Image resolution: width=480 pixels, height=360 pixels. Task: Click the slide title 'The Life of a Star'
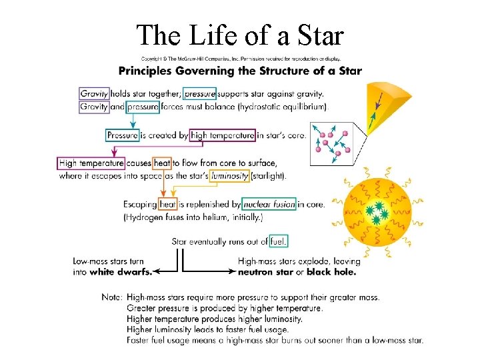[x=240, y=35]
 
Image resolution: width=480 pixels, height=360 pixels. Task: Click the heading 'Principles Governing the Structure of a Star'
[x=240, y=71]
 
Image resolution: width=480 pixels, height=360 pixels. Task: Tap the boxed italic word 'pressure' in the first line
[x=200, y=93]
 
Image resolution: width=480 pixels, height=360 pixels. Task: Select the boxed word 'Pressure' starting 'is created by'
[x=123, y=135]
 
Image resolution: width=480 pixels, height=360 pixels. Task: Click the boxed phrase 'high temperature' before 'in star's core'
[x=222, y=135]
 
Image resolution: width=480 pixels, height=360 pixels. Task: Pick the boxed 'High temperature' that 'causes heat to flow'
[x=91, y=163]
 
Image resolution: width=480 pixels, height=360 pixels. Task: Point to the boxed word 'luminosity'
[x=230, y=176]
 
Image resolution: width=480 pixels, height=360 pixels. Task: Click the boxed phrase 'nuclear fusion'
[x=269, y=204]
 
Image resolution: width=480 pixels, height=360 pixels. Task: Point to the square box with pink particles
[x=337, y=141]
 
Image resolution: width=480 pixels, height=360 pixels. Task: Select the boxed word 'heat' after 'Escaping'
[x=167, y=204]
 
